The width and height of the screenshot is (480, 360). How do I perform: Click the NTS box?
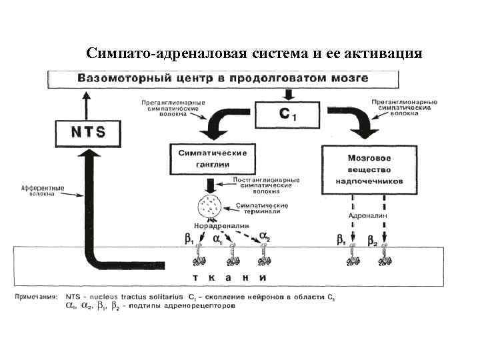88,131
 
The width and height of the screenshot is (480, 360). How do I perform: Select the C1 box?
288,115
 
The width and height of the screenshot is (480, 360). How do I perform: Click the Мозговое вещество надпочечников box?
369,169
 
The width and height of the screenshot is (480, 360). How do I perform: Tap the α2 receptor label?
265,237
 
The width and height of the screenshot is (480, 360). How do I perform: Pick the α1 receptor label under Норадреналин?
218,238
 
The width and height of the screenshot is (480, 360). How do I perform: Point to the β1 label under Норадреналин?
189,238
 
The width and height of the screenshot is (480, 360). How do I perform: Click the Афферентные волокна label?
41,191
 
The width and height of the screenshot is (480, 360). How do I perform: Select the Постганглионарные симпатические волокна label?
266,185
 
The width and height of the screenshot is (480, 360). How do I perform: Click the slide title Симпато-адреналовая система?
254,53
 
